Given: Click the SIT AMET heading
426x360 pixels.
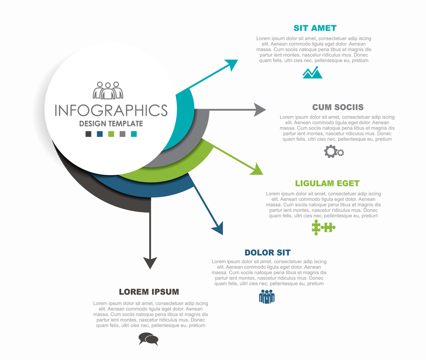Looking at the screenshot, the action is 315,28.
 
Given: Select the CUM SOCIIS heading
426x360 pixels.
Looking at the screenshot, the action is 338,107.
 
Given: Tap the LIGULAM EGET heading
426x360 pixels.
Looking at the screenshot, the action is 327,183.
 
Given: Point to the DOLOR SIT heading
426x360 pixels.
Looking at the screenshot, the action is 268,252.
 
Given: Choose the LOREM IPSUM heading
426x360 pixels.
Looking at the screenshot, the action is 149,292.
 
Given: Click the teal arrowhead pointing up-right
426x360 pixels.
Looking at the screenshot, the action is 232,64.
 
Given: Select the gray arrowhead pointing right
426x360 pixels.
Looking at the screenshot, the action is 260,110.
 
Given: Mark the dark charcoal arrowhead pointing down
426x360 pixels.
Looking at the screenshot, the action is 150,262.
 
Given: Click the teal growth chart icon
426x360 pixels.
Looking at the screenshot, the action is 312,72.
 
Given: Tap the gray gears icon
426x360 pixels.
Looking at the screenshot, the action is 334,151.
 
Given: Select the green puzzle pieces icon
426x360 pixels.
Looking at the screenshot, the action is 323,227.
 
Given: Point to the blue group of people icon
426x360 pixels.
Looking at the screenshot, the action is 267,296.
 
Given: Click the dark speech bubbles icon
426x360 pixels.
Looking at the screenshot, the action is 148,339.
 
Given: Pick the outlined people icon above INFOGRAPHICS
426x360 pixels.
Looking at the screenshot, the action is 108,90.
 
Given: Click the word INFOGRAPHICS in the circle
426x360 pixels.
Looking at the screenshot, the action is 111,110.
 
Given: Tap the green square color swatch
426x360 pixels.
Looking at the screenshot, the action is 111,134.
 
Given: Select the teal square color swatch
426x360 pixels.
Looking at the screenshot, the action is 134,134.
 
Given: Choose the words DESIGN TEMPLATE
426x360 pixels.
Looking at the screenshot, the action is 111,124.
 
